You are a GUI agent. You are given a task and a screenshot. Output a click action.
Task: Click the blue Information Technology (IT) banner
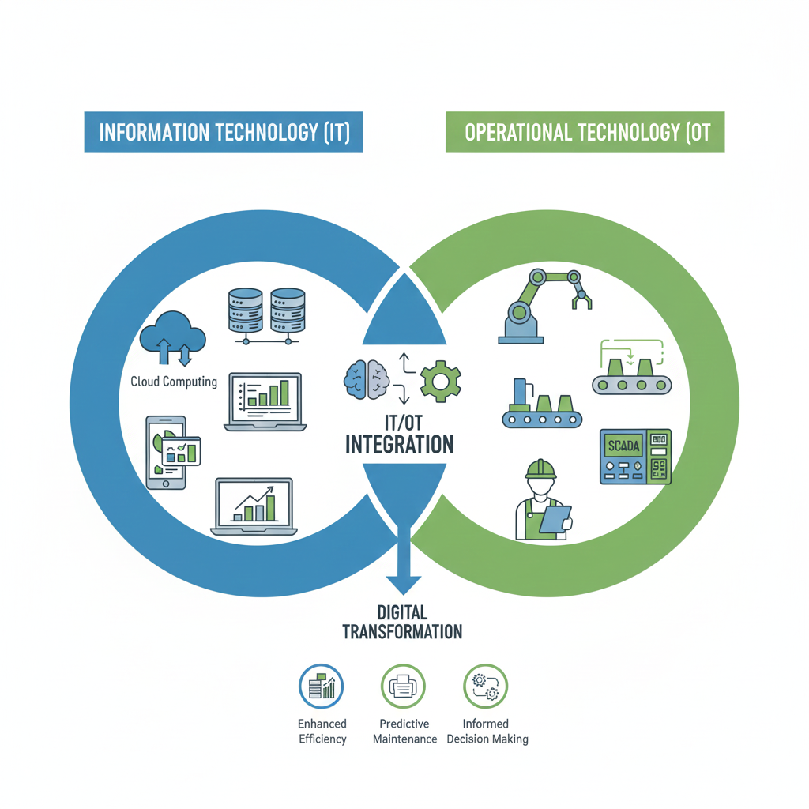(x=223, y=132)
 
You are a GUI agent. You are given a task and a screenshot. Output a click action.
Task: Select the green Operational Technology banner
(x=585, y=132)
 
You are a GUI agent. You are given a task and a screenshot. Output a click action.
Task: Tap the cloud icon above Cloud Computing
(x=172, y=338)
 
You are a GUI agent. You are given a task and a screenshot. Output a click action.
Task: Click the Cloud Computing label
(x=174, y=382)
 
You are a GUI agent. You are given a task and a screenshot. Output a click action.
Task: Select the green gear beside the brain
(x=439, y=380)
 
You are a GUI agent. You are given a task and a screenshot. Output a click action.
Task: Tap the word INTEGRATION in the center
(x=400, y=444)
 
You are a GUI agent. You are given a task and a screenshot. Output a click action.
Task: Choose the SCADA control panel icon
(x=635, y=457)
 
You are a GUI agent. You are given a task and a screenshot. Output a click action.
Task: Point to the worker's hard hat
(x=540, y=469)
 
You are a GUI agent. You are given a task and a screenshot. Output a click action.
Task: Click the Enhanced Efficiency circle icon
(x=322, y=687)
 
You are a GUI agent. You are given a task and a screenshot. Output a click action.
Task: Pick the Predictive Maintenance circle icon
(x=404, y=687)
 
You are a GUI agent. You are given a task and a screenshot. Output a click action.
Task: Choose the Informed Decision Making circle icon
(x=485, y=687)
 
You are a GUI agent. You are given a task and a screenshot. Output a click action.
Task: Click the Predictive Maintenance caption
(x=404, y=732)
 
